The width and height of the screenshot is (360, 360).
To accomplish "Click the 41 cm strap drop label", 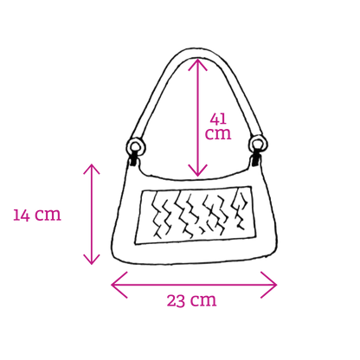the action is (x=218, y=126).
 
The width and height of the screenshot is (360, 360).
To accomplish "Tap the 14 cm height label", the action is (x=37, y=215).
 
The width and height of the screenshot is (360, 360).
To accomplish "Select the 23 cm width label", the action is (x=191, y=300).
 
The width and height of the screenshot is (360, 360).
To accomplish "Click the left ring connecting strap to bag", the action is (x=136, y=147).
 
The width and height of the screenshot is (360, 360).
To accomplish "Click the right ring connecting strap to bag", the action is (x=259, y=145).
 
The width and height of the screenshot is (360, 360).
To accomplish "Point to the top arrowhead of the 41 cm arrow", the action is (x=197, y=60).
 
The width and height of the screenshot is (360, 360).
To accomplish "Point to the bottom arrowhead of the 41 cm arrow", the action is (x=197, y=175).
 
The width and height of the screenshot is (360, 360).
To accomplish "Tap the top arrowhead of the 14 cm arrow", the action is (x=92, y=165).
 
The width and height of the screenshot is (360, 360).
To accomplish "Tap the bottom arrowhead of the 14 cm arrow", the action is (x=92, y=263).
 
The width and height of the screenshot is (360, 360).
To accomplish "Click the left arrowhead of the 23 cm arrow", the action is (x=112, y=285).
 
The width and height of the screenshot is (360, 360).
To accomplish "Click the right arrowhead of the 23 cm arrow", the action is (x=276, y=285).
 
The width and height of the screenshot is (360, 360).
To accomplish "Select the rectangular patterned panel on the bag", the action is (x=195, y=215).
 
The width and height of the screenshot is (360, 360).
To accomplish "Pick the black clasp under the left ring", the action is (x=133, y=160).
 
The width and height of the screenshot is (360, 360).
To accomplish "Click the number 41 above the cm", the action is (x=218, y=119).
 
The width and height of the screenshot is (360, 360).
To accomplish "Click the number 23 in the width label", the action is (x=176, y=300).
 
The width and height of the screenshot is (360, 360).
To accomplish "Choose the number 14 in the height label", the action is (x=22, y=215).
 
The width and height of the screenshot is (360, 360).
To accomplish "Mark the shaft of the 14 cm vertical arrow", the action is (x=92, y=214).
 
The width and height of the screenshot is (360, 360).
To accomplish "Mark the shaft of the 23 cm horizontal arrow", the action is (x=194, y=285).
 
